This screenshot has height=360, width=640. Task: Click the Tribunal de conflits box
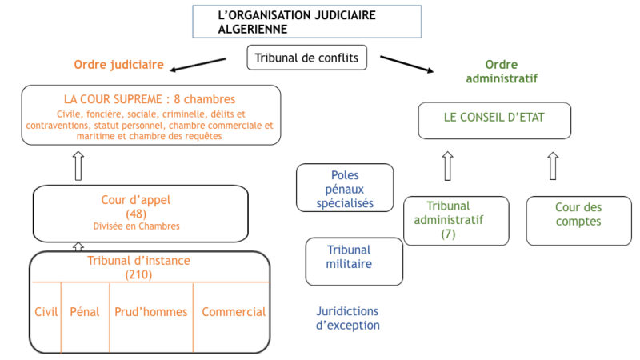(x=306, y=58)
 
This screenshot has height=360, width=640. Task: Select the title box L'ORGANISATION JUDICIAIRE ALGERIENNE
(x=306, y=22)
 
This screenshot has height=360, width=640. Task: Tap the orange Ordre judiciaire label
(x=118, y=65)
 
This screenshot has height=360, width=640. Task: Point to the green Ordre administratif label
(x=502, y=71)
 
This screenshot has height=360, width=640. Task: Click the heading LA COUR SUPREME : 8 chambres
(x=150, y=99)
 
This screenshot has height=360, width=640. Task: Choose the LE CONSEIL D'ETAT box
(x=494, y=121)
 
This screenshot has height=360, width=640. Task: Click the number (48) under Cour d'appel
(x=136, y=214)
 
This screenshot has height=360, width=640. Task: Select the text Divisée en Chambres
(x=136, y=226)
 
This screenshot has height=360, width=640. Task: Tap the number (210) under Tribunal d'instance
(x=138, y=274)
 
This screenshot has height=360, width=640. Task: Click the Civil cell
(x=46, y=312)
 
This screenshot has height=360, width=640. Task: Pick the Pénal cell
(x=85, y=312)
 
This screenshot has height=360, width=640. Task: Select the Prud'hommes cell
(x=151, y=312)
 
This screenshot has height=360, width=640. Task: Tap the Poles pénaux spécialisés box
(x=345, y=188)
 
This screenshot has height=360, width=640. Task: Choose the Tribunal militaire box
(x=354, y=262)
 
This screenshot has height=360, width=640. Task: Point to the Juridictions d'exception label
(x=348, y=318)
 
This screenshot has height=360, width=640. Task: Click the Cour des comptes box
(x=578, y=221)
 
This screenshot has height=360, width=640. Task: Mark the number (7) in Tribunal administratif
(x=448, y=234)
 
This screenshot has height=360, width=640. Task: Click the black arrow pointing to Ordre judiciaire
(x=198, y=65)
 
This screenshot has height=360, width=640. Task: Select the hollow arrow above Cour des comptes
(x=553, y=166)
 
